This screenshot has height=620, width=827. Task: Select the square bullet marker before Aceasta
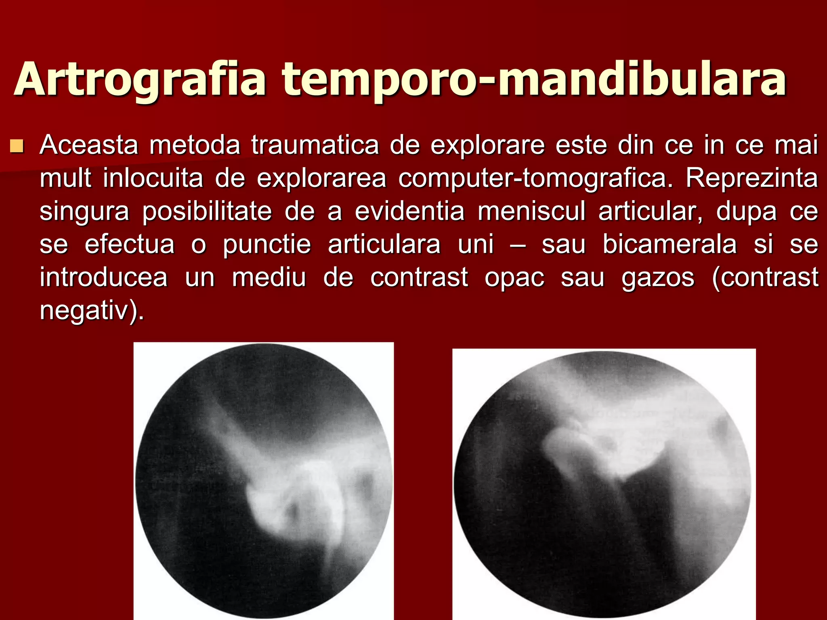17,146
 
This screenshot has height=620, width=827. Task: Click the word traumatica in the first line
315,145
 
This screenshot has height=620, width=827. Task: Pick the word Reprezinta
751,178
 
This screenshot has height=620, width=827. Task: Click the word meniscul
531,211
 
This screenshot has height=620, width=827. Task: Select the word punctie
267,244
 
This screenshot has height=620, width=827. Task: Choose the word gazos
658,278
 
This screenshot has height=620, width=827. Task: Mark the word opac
514,278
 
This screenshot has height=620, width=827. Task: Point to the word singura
84,211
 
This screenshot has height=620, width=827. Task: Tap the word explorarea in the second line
321,178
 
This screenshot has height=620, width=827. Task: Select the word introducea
103,278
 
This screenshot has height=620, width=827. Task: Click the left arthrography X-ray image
263,480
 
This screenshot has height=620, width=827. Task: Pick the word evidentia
409,211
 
